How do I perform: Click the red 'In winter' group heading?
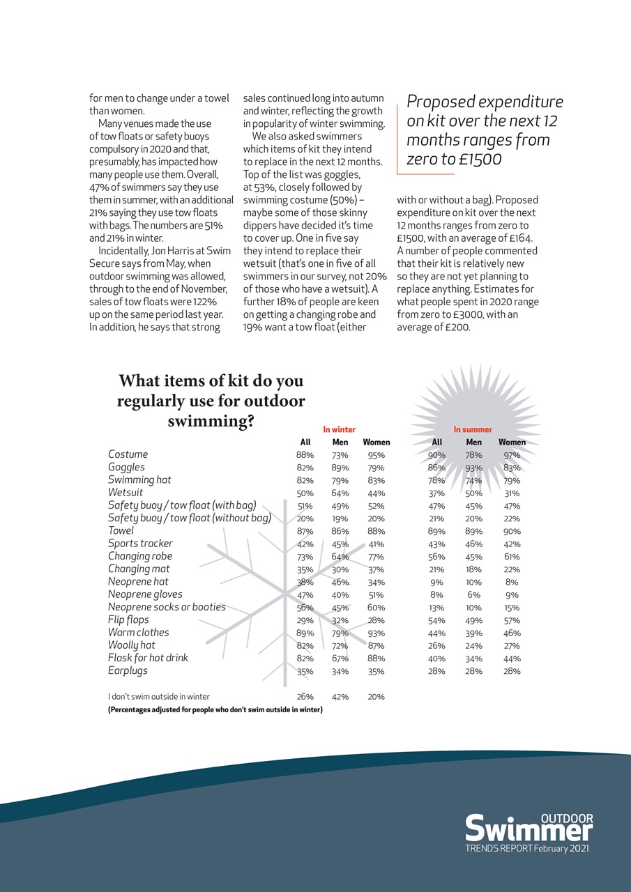click(x=339, y=430)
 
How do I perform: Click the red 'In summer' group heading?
click(x=473, y=430)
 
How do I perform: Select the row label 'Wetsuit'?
click(x=126, y=493)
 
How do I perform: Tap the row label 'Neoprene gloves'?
click(x=145, y=594)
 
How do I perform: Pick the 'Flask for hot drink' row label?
click(x=148, y=658)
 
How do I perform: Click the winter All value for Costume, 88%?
click(x=305, y=455)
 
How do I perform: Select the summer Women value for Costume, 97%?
click(x=512, y=455)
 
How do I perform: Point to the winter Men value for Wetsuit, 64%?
click(x=340, y=493)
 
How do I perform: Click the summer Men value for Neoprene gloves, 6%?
click(x=474, y=595)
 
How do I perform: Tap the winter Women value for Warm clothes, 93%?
click(x=376, y=633)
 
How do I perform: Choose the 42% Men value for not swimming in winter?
click(x=340, y=696)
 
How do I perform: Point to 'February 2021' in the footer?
click(x=561, y=849)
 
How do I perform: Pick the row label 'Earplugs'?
click(x=128, y=670)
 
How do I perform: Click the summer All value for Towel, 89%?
click(x=437, y=532)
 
